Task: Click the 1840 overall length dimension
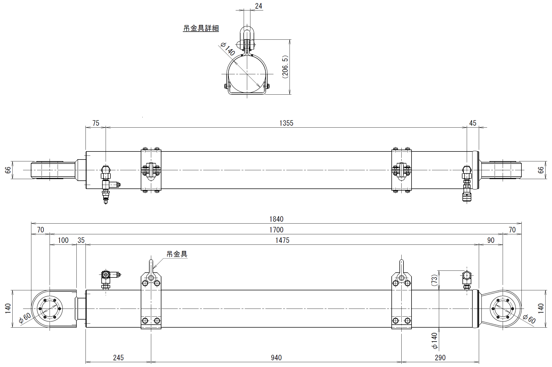tap(276, 219)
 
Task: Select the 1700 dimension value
tap(276, 230)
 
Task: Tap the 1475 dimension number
tap(282, 240)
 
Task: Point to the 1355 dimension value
tap(286, 123)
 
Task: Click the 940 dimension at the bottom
tap(276, 358)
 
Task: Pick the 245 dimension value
tap(118, 358)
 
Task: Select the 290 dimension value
tap(440, 358)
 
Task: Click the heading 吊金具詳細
tap(201, 28)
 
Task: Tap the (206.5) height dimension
tap(285, 67)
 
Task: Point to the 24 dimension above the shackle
tap(258, 6)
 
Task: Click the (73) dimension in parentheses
tap(434, 280)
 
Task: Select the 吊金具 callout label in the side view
tap(177, 254)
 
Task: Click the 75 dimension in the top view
tap(96, 123)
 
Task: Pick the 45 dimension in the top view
tap(473, 123)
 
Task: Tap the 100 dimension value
tap(63, 240)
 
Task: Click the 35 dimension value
tap(81, 240)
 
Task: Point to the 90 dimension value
tap(491, 240)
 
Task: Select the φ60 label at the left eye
tap(25, 318)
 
